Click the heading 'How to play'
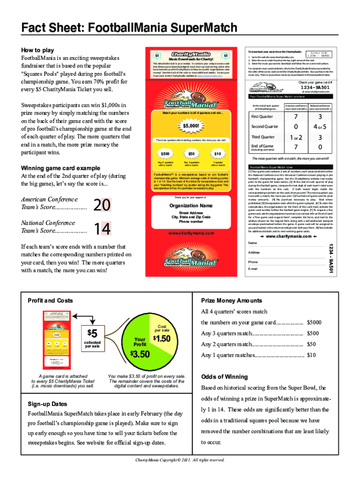38,50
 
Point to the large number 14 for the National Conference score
102,229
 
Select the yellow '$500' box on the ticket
165,153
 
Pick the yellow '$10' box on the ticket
217,153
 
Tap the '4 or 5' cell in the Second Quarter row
320,127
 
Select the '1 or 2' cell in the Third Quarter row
295,138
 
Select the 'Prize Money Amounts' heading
231,301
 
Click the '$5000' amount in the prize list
314,322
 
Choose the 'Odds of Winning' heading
224,377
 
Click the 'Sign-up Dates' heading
47,404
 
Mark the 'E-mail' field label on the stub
253,269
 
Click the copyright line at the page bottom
180,460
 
